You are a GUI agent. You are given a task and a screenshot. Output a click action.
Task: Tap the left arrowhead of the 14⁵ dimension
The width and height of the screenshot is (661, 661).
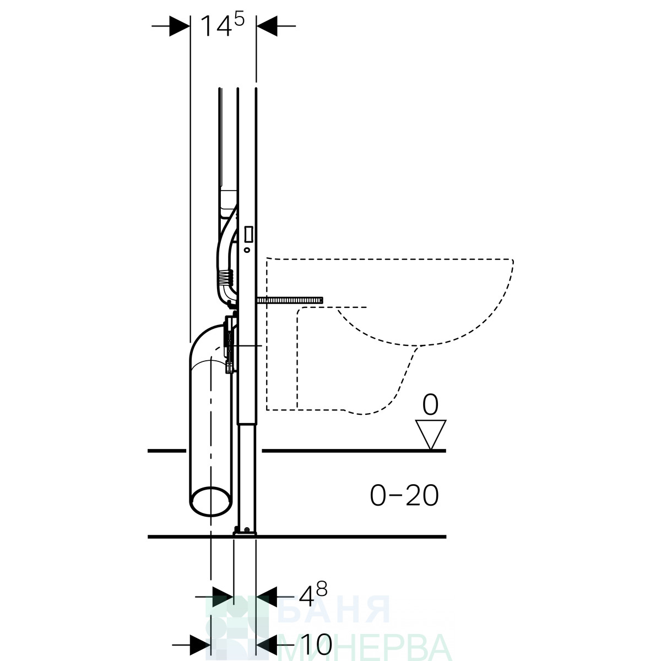(x=180, y=26)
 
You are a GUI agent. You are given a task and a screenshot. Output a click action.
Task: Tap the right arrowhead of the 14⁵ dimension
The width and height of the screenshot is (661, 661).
(x=267, y=26)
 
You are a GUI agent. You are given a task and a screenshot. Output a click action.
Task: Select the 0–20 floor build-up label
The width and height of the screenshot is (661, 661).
(x=404, y=495)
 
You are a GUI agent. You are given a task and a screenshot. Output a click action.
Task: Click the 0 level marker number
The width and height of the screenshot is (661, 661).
(x=430, y=405)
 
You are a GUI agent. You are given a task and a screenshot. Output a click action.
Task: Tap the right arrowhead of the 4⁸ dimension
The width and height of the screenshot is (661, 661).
(x=267, y=597)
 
